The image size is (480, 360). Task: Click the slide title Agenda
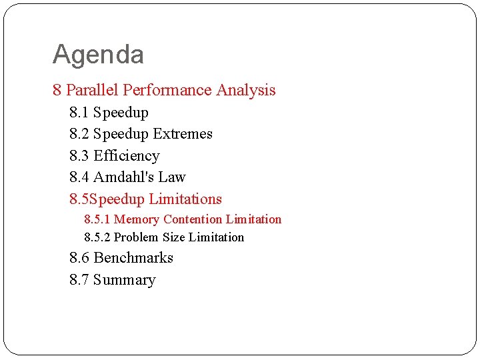click(x=98, y=55)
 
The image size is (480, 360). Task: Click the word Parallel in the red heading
click(x=93, y=90)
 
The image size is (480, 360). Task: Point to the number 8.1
click(x=79, y=113)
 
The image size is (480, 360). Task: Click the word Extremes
click(x=182, y=134)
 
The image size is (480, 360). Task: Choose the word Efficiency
click(x=126, y=156)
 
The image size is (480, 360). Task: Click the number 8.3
click(x=79, y=156)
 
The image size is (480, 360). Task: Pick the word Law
click(x=172, y=177)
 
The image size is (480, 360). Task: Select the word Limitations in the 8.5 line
click(x=185, y=199)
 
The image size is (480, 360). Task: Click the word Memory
click(x=137, y=219)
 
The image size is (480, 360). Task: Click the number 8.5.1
click(x=97, y=219)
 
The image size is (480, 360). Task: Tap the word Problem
click(x=137, y=237)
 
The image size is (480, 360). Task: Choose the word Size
click(x=173, y=237)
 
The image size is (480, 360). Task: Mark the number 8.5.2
click(x=97, y=237)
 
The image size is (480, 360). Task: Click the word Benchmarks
click(x=133, y=258)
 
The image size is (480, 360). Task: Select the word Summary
click(x=124, y=280)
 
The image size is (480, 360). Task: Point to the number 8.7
click(x=79, y=280)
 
